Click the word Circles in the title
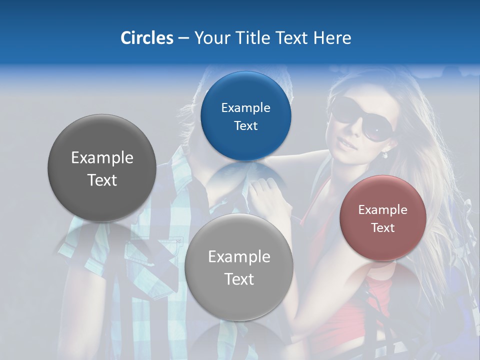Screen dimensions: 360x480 (x=146, y=38)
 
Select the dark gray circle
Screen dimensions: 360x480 (x=102, y=200)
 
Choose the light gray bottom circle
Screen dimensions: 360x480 (x=238, y=300)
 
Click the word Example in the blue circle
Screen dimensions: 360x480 (x=245, y=108)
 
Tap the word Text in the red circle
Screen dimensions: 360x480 (x=383, y=228)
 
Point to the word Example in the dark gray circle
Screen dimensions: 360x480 (x=102, y=158)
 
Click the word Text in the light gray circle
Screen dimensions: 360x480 (x=239, y=279)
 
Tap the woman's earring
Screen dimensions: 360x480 (x=385, y=155)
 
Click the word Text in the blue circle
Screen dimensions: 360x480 (x=245, y=126)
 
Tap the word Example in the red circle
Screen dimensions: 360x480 (x=383, y=210)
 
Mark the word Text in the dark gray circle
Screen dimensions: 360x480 (x=102, y=180)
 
